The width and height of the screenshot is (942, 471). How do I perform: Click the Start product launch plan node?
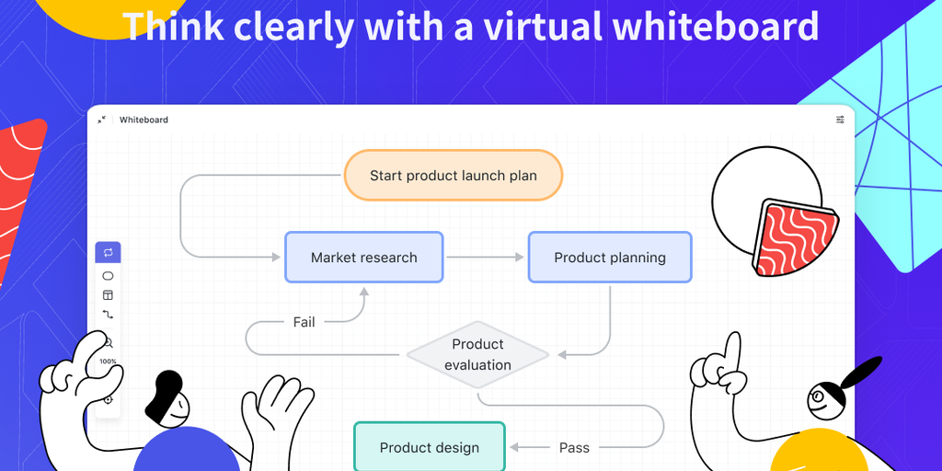point(453,175)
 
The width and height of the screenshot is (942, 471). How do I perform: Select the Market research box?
point(363,258)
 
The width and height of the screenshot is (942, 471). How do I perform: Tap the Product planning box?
point(609,258)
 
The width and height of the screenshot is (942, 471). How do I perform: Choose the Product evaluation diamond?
point(477,354)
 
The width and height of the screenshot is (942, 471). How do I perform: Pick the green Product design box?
point(430,447)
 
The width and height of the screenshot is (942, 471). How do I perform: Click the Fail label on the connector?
point(304,322)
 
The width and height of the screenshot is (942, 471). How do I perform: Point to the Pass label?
point(574,447)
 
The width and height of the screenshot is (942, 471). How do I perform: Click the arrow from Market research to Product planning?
point(485,258)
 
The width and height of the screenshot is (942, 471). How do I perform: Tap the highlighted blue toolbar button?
point(108,252)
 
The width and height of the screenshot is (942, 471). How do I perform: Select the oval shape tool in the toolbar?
point(108,276)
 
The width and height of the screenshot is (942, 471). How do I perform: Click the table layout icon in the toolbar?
point(108,295)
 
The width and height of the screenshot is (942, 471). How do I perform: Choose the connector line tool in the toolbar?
point(108,315)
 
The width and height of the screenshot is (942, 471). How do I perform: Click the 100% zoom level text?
point(109,362)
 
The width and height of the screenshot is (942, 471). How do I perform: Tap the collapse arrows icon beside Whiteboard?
point(101,120)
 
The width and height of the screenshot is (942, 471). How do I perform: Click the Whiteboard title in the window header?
point(144,120)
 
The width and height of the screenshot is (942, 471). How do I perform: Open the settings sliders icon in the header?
point(840,120)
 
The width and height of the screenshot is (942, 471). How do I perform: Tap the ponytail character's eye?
point(817,397)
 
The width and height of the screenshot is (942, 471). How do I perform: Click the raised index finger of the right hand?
point(732,350)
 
